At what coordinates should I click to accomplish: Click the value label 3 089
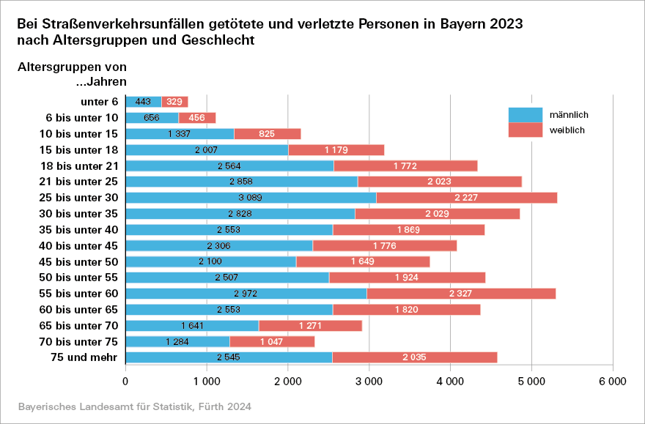point(251,198)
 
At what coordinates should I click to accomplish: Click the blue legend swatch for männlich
point(525,115)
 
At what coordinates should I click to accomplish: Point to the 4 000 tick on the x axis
point(449,382)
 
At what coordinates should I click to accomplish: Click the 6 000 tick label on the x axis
point(612,382)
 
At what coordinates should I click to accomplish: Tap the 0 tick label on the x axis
point(126,382)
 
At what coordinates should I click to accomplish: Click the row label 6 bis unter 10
point(81,118)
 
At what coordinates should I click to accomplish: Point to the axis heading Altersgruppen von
point(67,67)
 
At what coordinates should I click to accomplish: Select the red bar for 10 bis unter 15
point(268,133)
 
